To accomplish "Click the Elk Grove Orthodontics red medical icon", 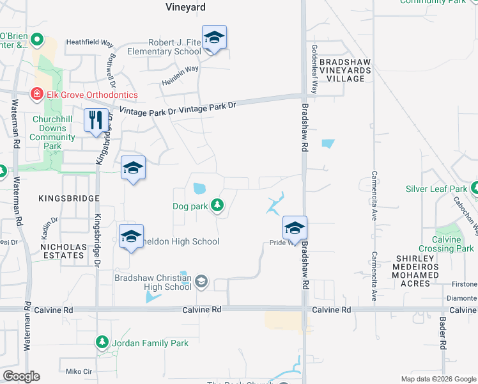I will pos(38,95).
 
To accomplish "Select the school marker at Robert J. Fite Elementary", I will pos(215,38).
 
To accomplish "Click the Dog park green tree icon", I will pos(218,205).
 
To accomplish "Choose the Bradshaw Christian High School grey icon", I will pos(201,281).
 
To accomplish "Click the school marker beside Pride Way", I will pos(295,229).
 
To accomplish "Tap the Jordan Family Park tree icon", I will pos(102,343).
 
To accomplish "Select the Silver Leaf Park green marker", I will pos(474,189).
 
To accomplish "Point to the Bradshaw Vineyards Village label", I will pos(345,70).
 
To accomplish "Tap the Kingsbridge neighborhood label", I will pos(69,199).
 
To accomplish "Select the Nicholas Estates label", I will pos(62,250).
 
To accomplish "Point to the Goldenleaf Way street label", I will pos(314,69).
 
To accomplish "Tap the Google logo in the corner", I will pos(21,376).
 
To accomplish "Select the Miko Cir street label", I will pos(79,371).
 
